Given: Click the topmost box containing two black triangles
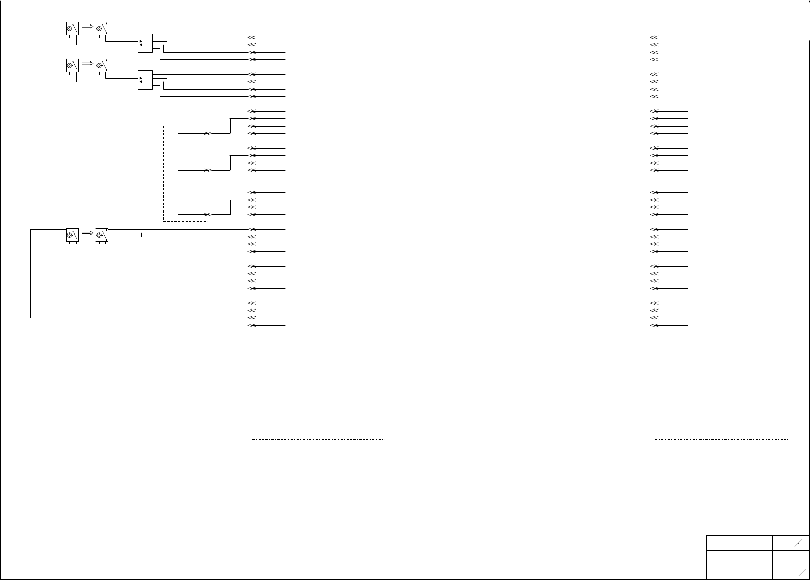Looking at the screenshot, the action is tap(145, 43).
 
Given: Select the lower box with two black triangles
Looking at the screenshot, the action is tap(145, 80).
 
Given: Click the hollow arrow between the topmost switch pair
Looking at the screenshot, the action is tap(88, 26).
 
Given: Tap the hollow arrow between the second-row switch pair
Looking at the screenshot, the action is tap(88, 63).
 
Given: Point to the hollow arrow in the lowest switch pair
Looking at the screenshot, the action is tap(88, 233).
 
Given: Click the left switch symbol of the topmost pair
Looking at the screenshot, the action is tap(72, 29).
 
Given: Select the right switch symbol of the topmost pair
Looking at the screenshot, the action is tap(102, 29).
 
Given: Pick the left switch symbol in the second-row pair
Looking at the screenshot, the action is tap(72, 66).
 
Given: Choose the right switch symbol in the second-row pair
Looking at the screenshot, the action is tap(102, 66).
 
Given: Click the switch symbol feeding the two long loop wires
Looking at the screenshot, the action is tap(72, 235).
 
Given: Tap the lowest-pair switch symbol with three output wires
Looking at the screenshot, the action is tap(102, 235).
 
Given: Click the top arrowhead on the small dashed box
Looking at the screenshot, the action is tap(208, 133).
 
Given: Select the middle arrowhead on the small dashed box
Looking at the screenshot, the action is tap(208, 170).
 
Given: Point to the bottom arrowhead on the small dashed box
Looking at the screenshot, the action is tap(208, 214).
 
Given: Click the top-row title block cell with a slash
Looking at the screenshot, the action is tap(791, 542).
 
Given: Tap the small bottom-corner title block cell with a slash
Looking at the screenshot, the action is tap(802, 572).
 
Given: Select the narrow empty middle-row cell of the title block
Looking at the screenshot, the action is tap(791, 558).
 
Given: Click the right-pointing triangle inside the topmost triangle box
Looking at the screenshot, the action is tap(141, 41).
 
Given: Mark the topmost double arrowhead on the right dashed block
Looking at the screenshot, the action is tap(653, 38).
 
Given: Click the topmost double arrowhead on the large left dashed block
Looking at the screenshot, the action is tap(251, 38).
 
